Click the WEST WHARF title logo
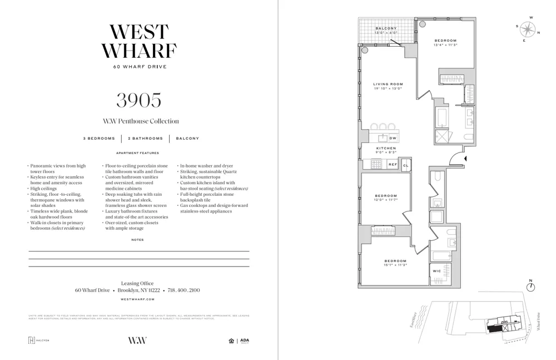tap(138, 41)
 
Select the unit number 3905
tap(138, 100)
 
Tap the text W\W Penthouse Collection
tap(141, 121)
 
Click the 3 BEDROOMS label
tap(99, 139)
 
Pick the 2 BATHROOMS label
tap(146, 139)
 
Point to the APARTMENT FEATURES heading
tap(137, 153)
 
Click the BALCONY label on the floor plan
tap(386, 28)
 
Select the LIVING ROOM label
tap(388, 84)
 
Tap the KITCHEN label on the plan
tap(386, 148)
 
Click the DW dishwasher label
tap(393, 138)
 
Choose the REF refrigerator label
tap(393, 164)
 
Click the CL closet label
tap(405, 165)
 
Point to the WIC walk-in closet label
tap(437, 271)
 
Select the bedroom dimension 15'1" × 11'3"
tap(395, 265)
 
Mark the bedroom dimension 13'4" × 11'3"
tap(445, 45)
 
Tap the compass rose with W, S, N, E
tap(527, 29)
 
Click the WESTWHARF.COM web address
tap(137, 299)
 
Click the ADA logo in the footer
tap(245, 341)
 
